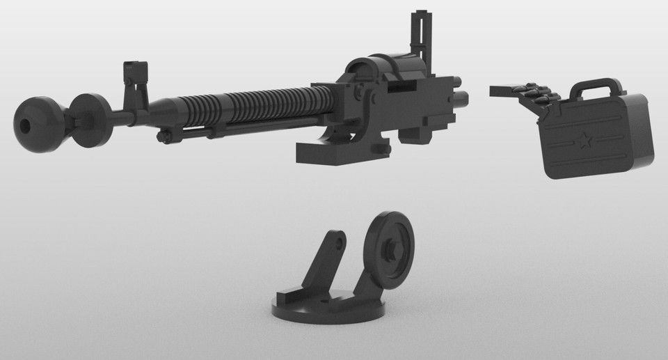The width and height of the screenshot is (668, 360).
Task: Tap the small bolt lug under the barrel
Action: (x=163, y=136)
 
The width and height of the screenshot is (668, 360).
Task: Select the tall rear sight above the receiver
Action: (x=422, y=35)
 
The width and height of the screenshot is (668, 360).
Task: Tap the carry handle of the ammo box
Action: (x=595, y=87)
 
